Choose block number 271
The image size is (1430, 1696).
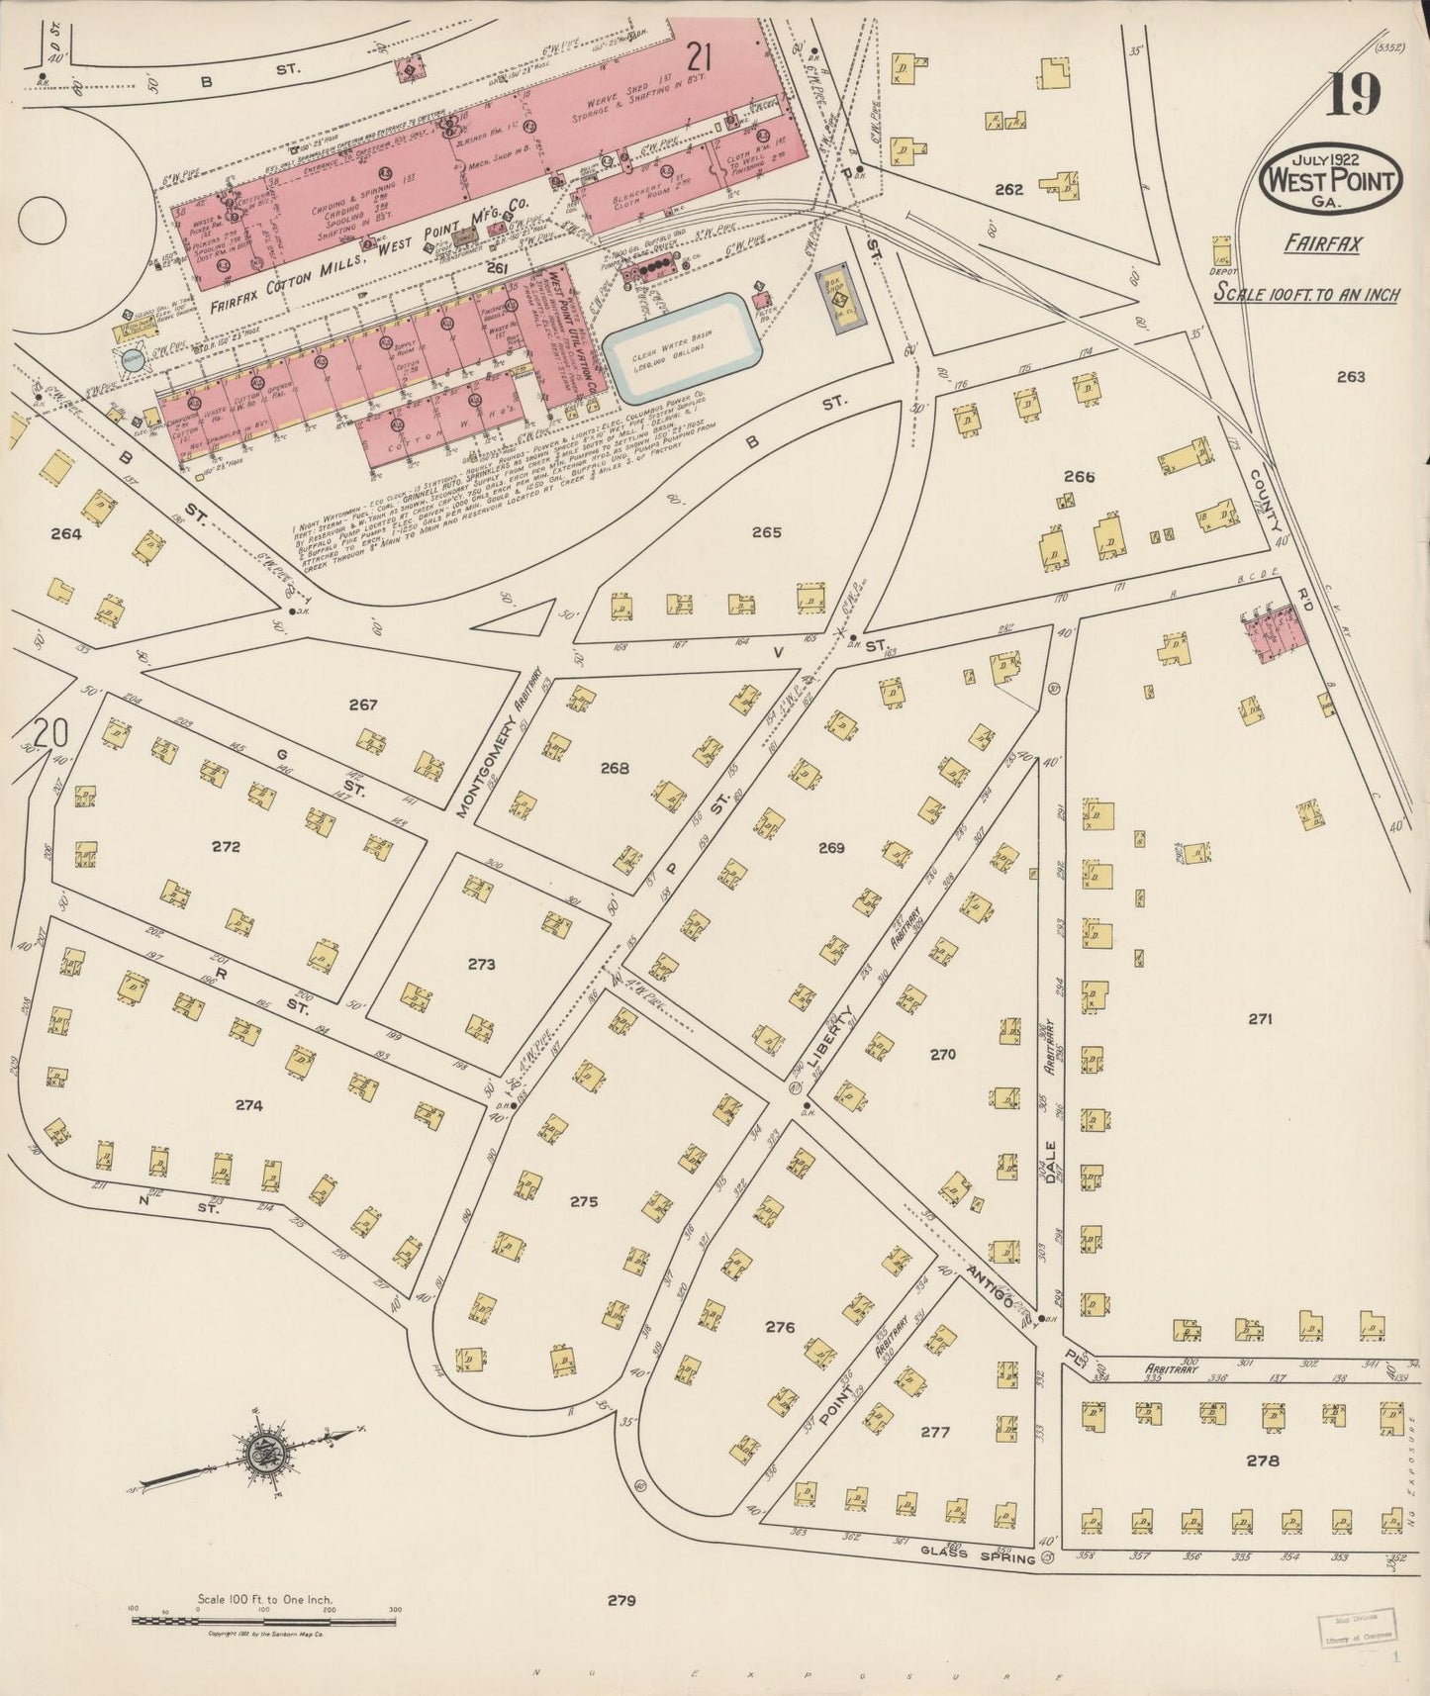tap(1259, 1018)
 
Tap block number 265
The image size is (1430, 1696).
tap(766, 532)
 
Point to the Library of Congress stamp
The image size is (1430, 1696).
tap(1358, 1628)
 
